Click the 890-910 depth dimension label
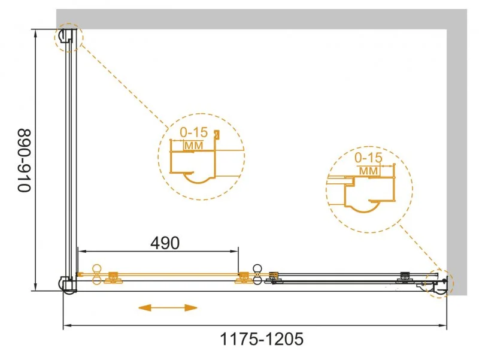25,161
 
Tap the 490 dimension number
165,243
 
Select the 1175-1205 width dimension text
262,339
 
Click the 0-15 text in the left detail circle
193,132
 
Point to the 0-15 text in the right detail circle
368,158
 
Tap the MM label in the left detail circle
193,146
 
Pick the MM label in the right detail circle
368,171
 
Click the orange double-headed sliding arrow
168,308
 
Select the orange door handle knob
98,274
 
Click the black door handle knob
257,274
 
